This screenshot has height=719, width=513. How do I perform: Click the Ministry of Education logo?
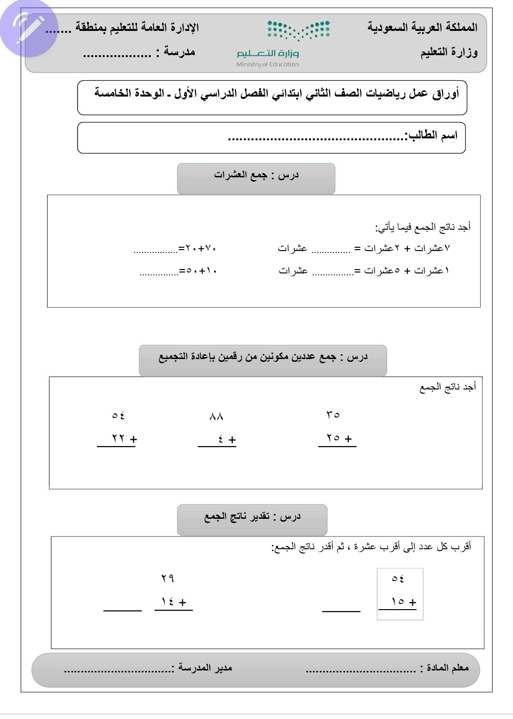click(283, 43)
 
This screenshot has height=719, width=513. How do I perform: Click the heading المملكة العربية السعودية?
click(422, 27)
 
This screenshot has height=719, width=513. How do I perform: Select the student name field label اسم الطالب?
click(432, 136)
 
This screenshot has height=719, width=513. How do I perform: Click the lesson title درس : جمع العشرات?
click(256, 175)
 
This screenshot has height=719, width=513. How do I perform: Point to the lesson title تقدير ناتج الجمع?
click(252, 517)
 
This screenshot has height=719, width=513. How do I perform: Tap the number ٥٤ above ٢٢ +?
click(118, 415)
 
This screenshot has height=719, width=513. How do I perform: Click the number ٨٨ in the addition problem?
click(216, 417)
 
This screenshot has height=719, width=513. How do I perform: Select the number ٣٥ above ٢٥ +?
click(333, 415)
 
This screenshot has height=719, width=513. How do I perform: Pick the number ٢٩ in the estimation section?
click(167, 578)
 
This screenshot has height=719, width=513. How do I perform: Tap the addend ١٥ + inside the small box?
click(403, 602)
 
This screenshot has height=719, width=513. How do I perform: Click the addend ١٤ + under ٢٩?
click(174, 602)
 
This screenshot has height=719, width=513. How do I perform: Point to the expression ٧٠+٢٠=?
click(197, 248)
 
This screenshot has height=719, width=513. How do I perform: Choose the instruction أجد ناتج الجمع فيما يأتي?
click(423, 227)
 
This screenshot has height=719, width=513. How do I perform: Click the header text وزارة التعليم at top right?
click(449, 52)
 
